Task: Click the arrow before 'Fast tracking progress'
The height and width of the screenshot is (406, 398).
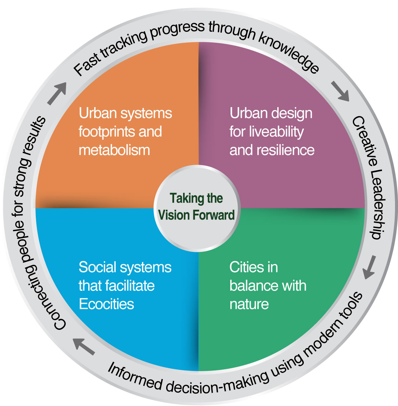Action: (x=57, y=93)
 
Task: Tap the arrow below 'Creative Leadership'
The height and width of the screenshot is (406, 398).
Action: (x=369, y=267)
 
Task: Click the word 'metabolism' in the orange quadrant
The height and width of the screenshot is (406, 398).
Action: (x=114, y=150)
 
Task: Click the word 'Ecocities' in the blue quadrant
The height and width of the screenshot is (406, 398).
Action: (x=106, y=304)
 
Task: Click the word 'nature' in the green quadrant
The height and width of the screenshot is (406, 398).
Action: (x=249, y=304)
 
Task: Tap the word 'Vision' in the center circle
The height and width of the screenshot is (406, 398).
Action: (x=175, y=215)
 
